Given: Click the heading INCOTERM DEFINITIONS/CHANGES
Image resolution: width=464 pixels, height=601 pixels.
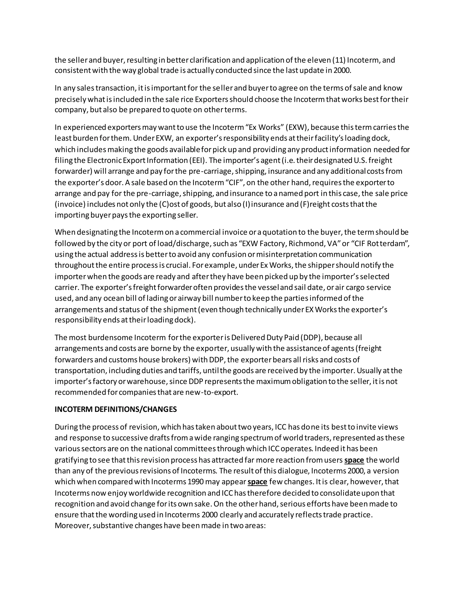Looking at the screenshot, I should [x=116, y=409].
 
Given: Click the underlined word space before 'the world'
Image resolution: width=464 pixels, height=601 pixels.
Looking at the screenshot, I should [x=354, y=460].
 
